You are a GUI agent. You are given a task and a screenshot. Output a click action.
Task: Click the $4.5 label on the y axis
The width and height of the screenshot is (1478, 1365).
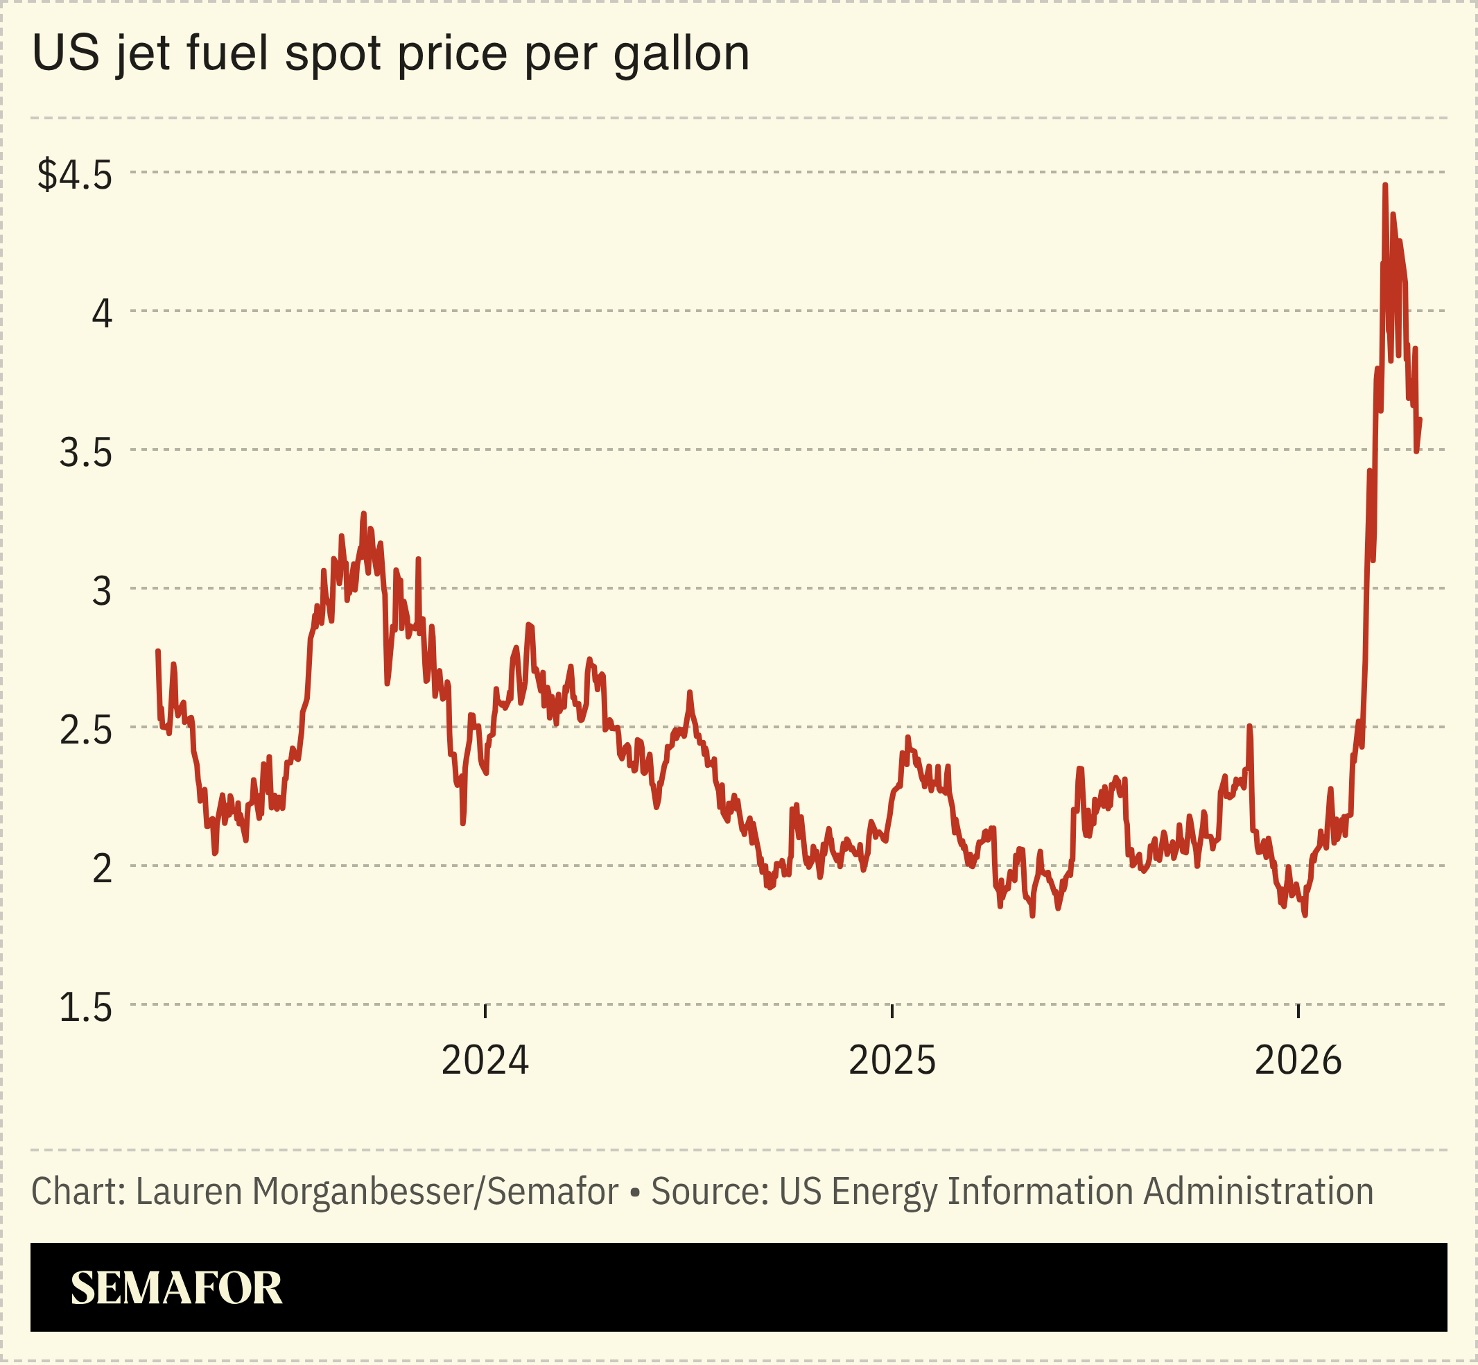[75, 175]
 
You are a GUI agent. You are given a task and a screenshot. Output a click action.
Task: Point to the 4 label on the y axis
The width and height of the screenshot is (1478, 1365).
[102, 314]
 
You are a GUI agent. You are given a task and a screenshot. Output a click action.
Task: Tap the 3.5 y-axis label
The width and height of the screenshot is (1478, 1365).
[86, 453]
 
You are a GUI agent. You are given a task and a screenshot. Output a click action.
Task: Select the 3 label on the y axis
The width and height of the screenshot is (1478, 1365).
[102, 592]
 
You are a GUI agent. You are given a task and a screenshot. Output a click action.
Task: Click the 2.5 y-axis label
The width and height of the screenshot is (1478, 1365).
[86, 730]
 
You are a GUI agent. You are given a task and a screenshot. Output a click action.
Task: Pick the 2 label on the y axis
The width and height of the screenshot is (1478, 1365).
[102, 869]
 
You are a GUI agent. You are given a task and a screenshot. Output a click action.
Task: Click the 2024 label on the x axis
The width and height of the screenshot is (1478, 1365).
[485, 1061]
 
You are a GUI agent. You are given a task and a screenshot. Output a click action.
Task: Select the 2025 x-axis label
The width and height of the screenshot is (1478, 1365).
[892, 1061]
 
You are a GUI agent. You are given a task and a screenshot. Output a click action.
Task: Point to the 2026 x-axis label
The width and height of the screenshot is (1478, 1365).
[1298, 1061]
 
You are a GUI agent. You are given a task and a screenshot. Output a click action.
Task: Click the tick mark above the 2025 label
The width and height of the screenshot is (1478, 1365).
[892, 1011]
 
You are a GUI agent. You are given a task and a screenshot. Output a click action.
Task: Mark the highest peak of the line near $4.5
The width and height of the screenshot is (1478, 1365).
[1385, 185]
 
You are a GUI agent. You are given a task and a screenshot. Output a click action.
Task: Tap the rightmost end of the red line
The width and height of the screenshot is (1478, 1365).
[1420, 420]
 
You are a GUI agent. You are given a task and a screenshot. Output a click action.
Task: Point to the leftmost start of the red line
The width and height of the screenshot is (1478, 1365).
[157, 651]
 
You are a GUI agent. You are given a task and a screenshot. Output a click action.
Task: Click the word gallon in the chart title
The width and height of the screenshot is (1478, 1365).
[681, 53]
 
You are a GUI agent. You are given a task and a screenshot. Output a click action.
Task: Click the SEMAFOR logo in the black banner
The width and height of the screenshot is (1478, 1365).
[177, 1288]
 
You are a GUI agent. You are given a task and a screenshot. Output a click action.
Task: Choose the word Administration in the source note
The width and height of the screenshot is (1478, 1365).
[1258, 1192]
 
